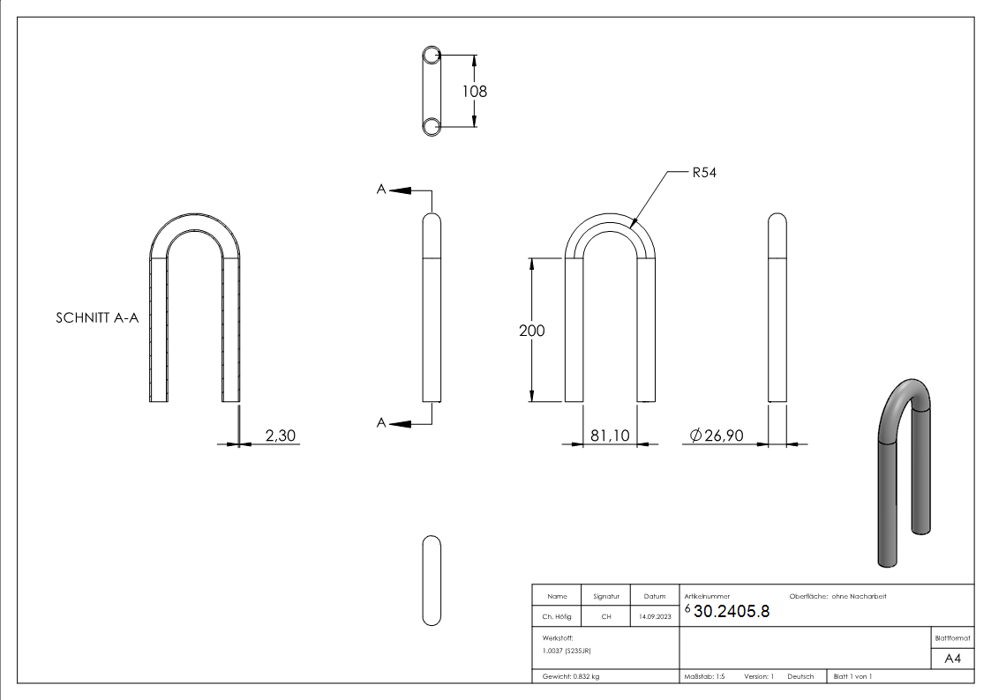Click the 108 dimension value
pos(473,91)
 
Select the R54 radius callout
pos(703,173)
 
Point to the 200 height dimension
pos(532,331)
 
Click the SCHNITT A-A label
pos(97,319)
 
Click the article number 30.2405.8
pos(732,612)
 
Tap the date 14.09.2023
pos(654,617)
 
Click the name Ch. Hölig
pos(557,617)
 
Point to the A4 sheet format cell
pos(953,659)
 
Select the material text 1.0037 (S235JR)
pos(567,651)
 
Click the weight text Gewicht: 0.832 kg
pos(571,676)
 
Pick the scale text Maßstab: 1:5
pos(704,676)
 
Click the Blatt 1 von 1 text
pos(852,676)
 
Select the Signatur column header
pos(606,597)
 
